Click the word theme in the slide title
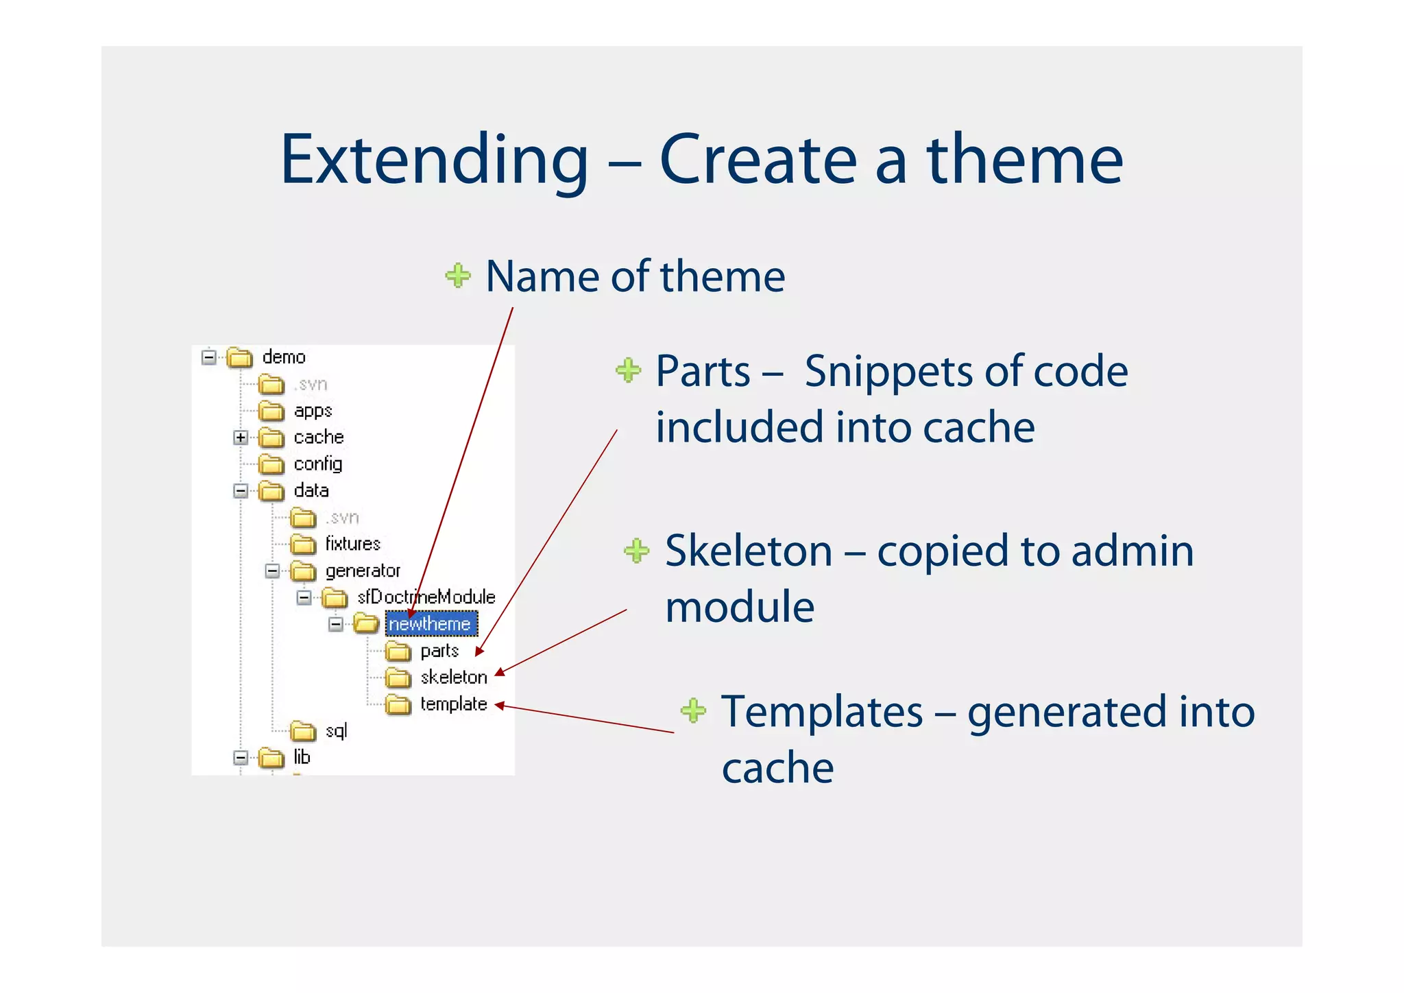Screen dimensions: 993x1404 click(1024, 160)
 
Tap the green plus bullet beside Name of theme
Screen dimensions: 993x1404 click(458, 276)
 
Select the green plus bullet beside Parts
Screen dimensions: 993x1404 click(628, 370)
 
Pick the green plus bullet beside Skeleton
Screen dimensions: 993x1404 click(637, 551)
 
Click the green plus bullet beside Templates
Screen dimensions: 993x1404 click(693, 710)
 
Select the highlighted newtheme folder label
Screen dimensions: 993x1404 click(430, 623)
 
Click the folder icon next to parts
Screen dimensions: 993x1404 click(398, 651)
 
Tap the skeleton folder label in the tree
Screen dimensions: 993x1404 click(453, 678)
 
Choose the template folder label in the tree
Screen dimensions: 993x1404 click(453, 704)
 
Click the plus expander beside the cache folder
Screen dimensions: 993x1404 click(241, 438)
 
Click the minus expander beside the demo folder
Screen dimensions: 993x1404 click(209, 357)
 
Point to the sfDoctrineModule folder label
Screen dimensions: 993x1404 click(426, 597)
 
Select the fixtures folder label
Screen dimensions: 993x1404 click(352, 544)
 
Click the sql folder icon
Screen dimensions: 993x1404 click(302, 732)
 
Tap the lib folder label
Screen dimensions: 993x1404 click(302, 757)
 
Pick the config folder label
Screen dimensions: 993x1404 click(317, 464)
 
